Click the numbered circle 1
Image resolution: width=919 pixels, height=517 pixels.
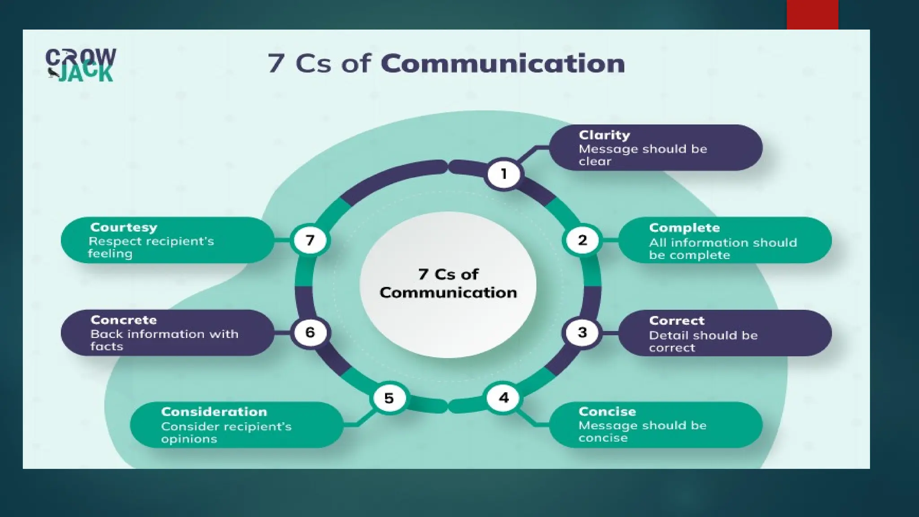pyautogui.click(x=503, y=174)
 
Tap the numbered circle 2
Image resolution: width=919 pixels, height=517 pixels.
pyautogui.click(x=582, y=240)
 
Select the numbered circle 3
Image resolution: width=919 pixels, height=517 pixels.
pyautogui.click(x=582, y=333)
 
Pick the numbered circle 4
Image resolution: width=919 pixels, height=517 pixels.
pyautogui.click(x=504, y=398)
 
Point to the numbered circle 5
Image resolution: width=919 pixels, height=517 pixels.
pyautogui.click(x=389, y=398)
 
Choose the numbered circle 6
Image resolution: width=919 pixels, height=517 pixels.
pyautogui.click(x=310, y=333)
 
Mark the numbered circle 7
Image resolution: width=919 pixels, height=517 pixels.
pyautogui.click(x=310, y=240)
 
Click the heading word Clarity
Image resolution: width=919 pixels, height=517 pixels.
pyautogui.click(x=604, y=135)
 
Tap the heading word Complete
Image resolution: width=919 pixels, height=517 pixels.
pyautogui.click(x=684, y=228)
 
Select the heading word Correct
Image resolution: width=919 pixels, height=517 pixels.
pyautogui.click(x=677, y=320)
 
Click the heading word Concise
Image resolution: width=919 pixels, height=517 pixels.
pyautogui.click(x=607, y=412)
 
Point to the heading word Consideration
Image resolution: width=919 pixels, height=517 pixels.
pyautogui.click(x=214, y=412)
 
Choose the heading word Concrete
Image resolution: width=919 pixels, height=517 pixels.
pyautogui.click(x=124, y=320)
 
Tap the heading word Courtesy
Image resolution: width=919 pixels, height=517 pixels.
pyautogui.click(x=124, y=227)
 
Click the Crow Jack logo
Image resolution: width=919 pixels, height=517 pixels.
pyautogui.click(x=81, y=65)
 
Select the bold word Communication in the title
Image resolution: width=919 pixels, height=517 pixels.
pyautogui.click(x=503, y=63)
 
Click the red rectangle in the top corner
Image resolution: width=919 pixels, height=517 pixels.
pyautogui.click(x=812, y=14)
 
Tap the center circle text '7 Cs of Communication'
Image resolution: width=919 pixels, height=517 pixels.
pyautogui.click(x=448, y=284)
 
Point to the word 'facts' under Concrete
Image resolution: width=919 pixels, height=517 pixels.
pyautogui.click(x=107, y=346)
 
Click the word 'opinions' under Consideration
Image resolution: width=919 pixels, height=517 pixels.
pyautogui.click(x=189, y=439)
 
